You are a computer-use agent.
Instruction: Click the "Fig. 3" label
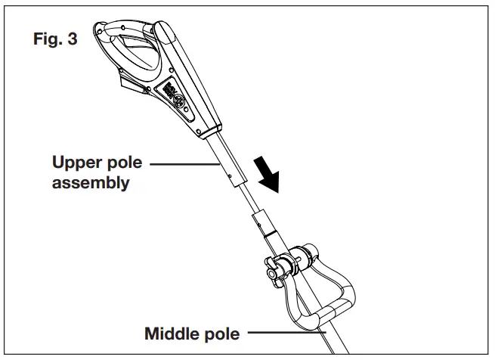tap(54, 40)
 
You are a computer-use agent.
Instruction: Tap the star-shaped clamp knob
tap(274, 268)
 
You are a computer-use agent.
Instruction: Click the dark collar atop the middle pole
tap(261, 225)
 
